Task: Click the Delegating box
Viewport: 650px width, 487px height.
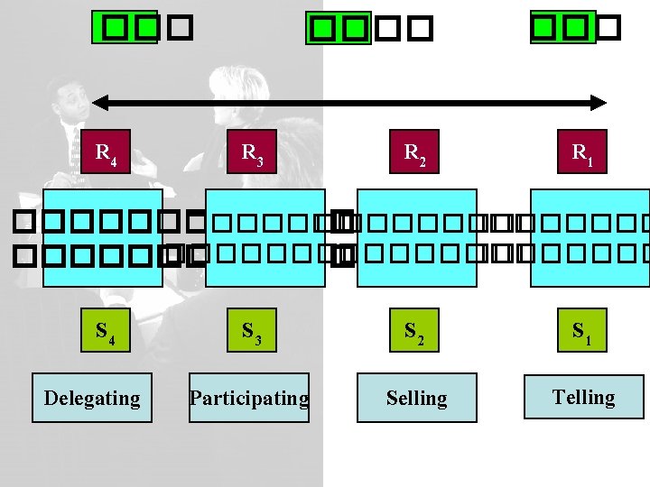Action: coord(92,398)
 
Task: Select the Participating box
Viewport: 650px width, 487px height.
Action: coord(249,398)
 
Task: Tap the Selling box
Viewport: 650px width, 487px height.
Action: coord(416,398)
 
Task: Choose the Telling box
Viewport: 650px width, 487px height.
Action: coord(584,398)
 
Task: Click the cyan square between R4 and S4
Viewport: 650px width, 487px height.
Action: coord(103,237)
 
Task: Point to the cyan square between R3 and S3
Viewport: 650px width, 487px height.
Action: coord(265,237)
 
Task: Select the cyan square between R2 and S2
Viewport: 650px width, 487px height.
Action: coord(417,237)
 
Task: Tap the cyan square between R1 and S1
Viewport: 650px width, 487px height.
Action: coord(590,237)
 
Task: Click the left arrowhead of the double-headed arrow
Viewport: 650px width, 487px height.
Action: coord(99,102)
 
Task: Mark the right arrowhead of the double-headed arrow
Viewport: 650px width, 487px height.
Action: coord(599,102)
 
